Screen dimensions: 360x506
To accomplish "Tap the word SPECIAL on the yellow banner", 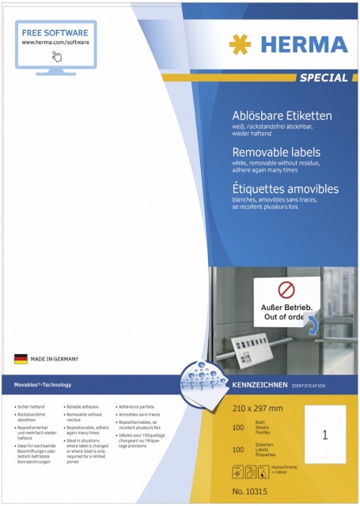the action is pos(323,77).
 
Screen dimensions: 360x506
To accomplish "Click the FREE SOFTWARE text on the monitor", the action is pos(55,34).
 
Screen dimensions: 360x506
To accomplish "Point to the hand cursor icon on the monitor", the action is pos(57,56).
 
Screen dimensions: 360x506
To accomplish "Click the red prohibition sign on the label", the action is pos(271,289).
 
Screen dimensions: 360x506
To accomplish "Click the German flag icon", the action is pos(21,359).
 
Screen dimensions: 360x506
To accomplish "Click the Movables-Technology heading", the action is pos(43,385).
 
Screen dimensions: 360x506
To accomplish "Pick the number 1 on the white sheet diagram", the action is pos(325,435).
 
